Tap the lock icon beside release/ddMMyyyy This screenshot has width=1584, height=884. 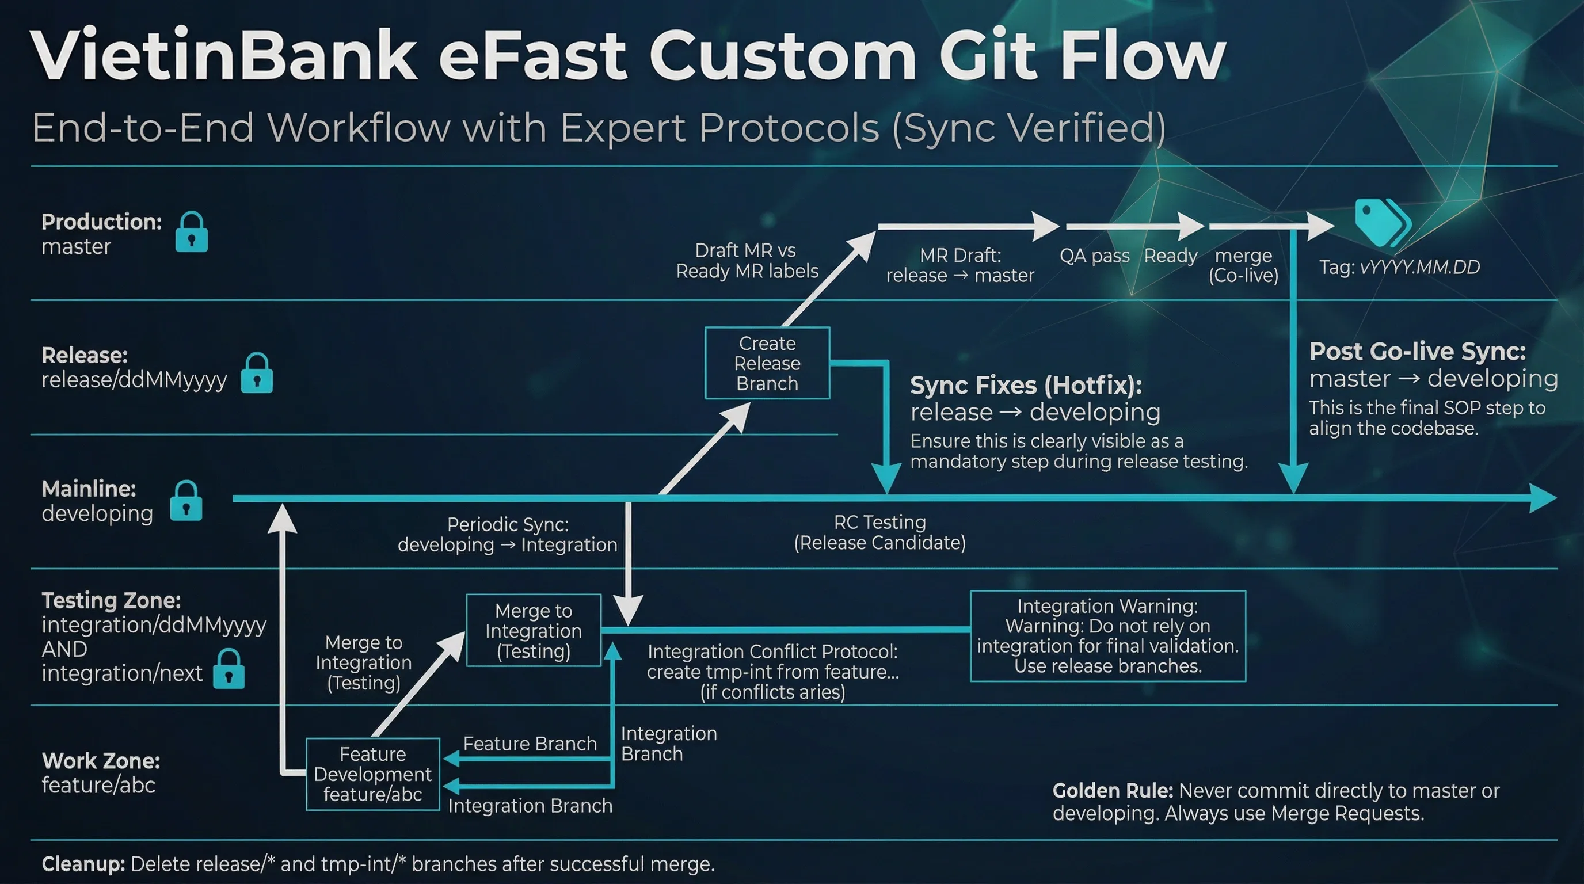click(256, 373)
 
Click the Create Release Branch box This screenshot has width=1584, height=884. click(767, 363)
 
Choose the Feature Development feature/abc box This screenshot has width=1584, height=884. click(372, 774)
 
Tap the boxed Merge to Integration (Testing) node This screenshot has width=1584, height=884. click(533, 631)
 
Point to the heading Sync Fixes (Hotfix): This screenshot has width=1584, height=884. click(1026, 386)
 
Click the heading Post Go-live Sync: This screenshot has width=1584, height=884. click(1417, 352)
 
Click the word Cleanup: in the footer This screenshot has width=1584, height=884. click(83, 864)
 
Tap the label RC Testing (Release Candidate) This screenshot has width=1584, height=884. click(879, 532)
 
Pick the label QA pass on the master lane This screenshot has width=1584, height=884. click(1094, 256)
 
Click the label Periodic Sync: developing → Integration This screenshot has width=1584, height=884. click(507, 535)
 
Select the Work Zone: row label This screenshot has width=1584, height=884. click(101, 761)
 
